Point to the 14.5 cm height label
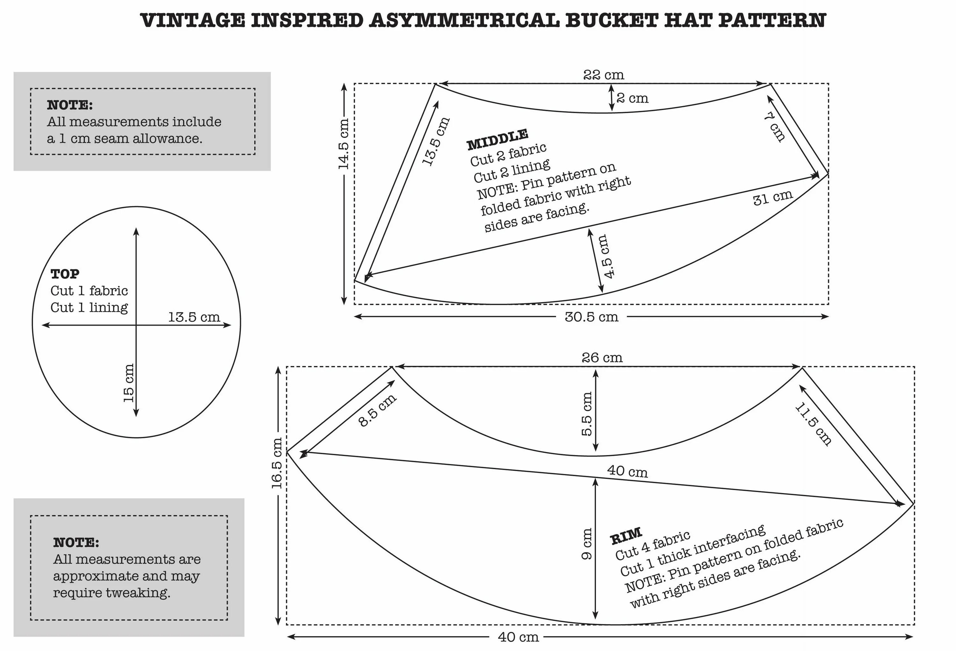coord(344,144)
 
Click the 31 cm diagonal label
coord(772,198)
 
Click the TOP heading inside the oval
coord(65,274)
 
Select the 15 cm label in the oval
coord(129,383)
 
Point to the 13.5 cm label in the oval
coord(194,317)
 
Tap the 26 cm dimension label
coord(602,358)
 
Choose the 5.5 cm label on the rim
coord(587,414)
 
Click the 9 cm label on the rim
coord(587,544)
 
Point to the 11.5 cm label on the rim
coord(813,424)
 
